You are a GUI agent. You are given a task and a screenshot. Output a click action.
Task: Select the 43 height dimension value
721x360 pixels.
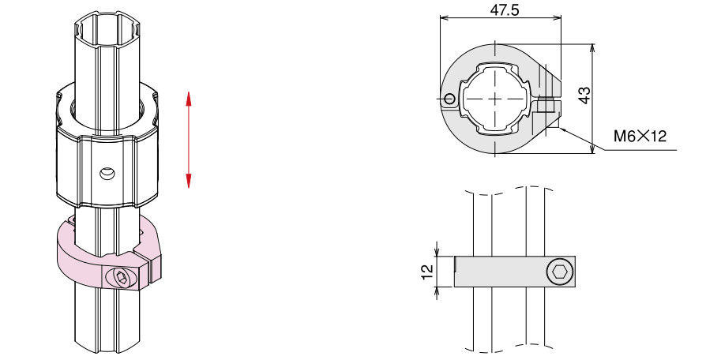point(584,95)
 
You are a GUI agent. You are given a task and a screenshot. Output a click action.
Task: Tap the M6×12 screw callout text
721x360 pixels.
point(640,137)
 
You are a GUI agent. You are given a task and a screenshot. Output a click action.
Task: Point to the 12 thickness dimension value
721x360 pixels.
point(427,272)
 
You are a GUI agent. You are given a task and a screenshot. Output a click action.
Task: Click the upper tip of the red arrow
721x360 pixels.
point(188,92)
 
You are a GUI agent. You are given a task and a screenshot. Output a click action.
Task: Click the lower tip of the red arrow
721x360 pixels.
point(188,188)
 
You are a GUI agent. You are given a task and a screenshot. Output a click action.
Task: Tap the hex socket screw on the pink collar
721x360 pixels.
point(122,277)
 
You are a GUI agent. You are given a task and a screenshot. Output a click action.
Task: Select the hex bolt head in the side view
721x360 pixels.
point(560,272)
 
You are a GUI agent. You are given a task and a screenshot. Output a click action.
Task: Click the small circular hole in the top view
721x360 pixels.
point(449,99)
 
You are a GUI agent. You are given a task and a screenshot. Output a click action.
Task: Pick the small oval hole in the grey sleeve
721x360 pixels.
point(107,174)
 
